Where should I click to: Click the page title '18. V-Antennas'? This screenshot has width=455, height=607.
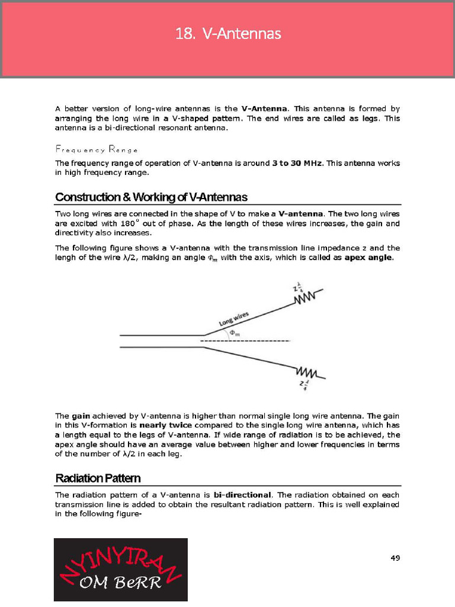pyautogui.click(x=227, y=34)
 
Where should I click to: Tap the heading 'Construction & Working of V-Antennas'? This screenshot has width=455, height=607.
pyautogui.click(x=151, y=197)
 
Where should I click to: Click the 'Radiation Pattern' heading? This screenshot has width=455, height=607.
pyautogui.click(x=98, y=478)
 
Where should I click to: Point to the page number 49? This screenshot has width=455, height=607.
pyautogui.click(x=395, y=557)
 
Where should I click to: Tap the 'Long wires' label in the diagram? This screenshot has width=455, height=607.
pyautogui.click(x=234, y=318)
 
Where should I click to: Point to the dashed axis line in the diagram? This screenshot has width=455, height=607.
pyautogui.click(x=246, y=341)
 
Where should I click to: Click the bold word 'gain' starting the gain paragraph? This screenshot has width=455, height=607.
pyautogui.click(x=81, y=416)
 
